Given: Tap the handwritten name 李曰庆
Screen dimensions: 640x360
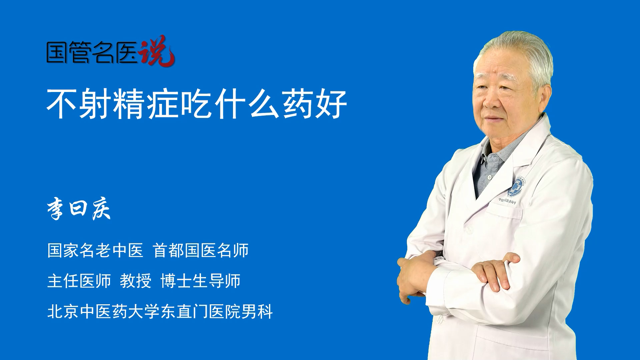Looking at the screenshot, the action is (79, 209).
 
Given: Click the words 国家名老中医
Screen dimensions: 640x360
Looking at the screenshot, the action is (95, 250).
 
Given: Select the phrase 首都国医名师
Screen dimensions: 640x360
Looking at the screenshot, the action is (201, 250).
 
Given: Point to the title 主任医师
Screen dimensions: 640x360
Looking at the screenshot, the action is (79, 281).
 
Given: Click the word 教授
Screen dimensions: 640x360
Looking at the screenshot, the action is (136, 281).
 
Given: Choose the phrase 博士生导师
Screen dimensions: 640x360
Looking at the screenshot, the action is (200, 281).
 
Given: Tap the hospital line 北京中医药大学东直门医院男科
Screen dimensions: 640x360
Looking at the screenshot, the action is (160, 311).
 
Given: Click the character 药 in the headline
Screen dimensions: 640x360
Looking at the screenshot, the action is (297, 103).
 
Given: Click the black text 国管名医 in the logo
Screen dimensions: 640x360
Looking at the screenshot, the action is (92, 52).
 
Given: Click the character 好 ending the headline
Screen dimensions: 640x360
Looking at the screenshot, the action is (332, 103).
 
